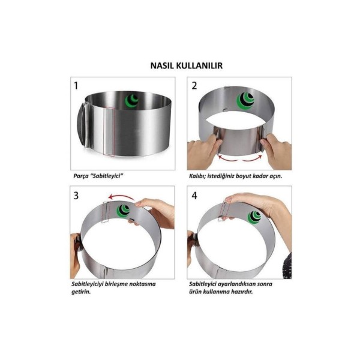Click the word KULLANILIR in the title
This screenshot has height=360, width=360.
point(200,65)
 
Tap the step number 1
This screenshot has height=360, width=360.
point(76,86)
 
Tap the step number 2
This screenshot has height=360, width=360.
point(194,86)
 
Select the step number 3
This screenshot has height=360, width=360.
point(76,196)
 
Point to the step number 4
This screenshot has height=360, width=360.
point(194,196)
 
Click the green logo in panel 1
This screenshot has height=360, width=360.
point(132,101)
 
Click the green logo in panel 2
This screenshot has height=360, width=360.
point(245,101)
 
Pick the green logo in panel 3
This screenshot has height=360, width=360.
point(123,211)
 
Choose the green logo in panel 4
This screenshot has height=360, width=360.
point(254,217)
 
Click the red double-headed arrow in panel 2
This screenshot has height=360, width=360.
point(240,159)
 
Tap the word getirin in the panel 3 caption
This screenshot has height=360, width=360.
point(81,292)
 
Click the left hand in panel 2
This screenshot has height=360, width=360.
point(203,152)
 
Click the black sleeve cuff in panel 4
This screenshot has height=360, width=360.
point(287,266)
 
